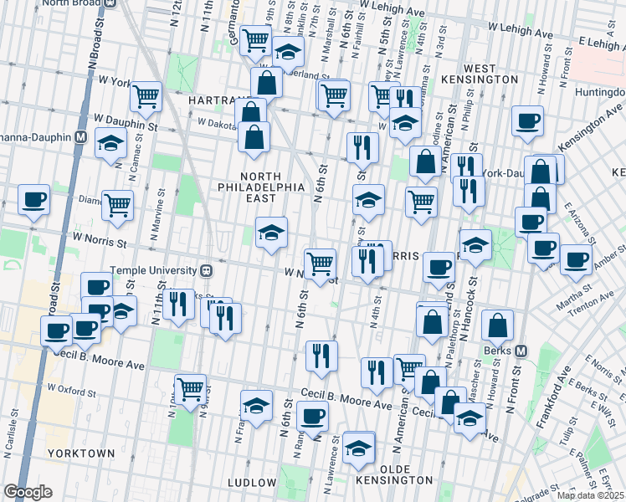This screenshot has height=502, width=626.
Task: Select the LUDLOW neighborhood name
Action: click(252, 483)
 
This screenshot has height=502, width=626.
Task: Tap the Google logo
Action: click(28, 492)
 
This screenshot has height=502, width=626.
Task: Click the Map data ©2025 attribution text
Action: click(586, 495)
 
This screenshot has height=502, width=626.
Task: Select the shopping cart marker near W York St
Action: click(146, 96)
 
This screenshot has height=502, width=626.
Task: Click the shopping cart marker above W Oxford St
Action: click(191, 387)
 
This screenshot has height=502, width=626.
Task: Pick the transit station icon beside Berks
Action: click(521, 351)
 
